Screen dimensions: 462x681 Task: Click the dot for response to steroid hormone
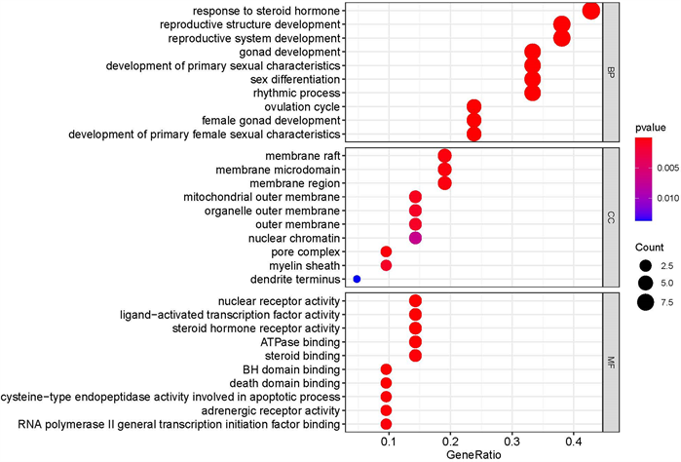(590, 11)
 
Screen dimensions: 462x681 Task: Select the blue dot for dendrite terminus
(357, 279)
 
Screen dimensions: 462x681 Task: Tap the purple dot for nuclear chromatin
(415, 238)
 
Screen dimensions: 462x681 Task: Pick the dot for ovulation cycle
(474, 106)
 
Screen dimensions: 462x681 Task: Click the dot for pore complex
(386, 251)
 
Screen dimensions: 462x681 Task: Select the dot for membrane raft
(445, 156)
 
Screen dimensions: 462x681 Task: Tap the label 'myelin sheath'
(307, 265)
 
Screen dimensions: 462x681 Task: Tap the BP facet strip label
(611, 71)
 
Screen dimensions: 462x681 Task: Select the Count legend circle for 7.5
(646, 301)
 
